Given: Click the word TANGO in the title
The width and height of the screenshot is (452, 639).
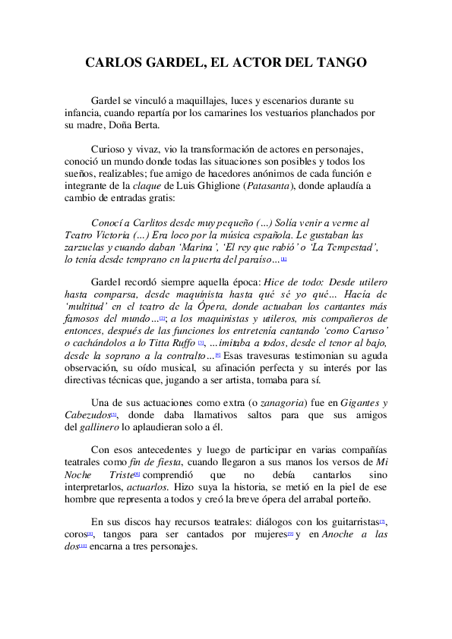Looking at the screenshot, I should [340, 62].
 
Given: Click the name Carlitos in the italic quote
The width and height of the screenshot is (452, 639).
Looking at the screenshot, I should [152, 223].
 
